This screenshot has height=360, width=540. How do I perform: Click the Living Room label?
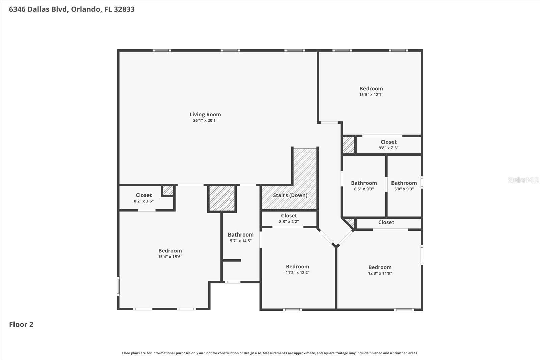[x=205, y=115]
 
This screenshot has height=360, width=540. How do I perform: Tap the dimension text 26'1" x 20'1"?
[x=205, y=121]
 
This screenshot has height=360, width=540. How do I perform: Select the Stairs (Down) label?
[x=290, y=195]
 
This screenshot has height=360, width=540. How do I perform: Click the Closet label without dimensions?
[x=386, y=222]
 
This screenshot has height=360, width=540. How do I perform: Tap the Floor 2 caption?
[x=21, y=324]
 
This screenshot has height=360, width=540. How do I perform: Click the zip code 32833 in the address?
[x=124, y=9]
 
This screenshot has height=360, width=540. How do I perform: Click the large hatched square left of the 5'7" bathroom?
[x=222, y=198]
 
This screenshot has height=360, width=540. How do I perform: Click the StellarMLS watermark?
[x=523, y=180]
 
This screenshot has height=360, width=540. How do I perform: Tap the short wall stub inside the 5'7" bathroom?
[x=232, y=260]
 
